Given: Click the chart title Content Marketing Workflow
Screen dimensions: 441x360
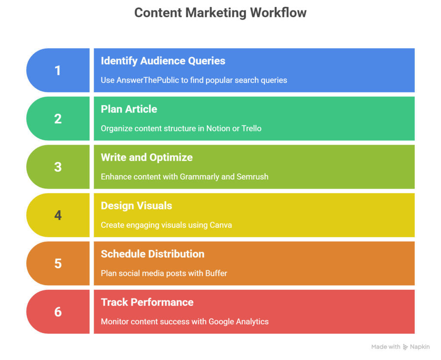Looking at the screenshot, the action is pyautogui.click(x=220, y=13).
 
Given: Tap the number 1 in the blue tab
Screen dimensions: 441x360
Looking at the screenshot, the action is pyautogui.click(x=58, y=70).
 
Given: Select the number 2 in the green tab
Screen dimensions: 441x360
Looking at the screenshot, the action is pyautogui.click(x=58, y=119).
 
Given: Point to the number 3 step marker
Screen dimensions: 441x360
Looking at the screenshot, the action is pyautogui.click(x=58, y=167).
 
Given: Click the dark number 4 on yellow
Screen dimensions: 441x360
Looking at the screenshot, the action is pyautogui.click(x=58, y=215).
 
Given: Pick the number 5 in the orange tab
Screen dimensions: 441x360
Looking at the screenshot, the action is pyautogui.click(x=58, y=264).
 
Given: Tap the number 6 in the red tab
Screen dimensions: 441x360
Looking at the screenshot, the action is pyautogui.click(x=58, y=312).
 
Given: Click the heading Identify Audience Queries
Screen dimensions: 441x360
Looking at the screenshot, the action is pyautogui.click(x=163, y=61).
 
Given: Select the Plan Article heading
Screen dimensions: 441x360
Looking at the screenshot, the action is pyautogui.click(x=129, y=109).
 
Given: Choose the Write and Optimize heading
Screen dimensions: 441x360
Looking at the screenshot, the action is pyautogui.click(x=147, y=158).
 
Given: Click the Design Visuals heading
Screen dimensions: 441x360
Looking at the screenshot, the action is pyautogui.click(x=137, y=206).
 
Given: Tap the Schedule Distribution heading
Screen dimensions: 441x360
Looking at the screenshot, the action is pyautogui.click(x=153, y=254).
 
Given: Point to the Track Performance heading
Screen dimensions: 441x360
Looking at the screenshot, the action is pyautogui.click(x=147, y=302).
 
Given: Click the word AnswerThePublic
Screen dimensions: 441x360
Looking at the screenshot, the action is pyautogui.click(x=148, y=80).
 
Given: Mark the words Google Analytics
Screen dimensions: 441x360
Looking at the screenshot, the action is pyautogui.click(x=239, y=322).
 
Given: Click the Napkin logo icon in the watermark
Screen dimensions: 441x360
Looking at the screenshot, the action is pyautogui.click(x=405, y=347).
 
